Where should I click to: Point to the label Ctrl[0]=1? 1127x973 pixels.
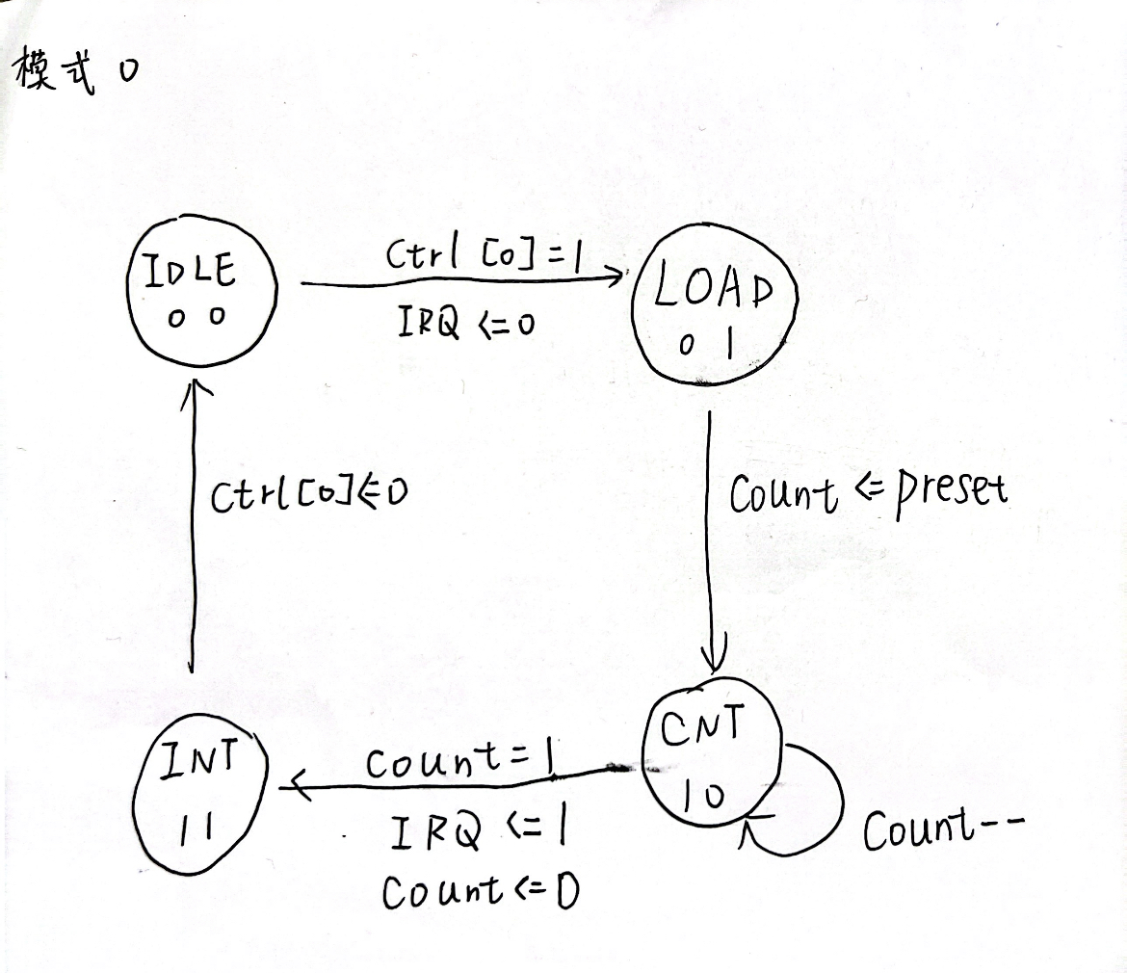pyautogui.click(x=484, y=255)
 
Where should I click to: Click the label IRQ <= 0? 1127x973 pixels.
pyautogui.click(x=466, y=322)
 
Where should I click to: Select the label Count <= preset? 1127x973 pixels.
pyautogui.click(x=868, y=493)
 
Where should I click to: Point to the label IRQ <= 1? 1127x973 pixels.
pyautogui.click(x=478, y=831)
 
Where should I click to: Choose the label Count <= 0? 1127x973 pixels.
pyautogui.click(x=480, y=892)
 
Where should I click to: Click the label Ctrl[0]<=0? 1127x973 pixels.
pyautogui.click(x=309, y=493)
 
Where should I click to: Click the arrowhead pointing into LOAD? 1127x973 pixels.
pyautogui.click(x=616, y=276)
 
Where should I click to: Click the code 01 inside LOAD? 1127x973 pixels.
pyautogui.click(x=707, y=344)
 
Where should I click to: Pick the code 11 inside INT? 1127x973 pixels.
pyautogui.click(x=195, y=830)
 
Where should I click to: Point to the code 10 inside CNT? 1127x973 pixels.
pyautogui.click(x=703, y=795)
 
